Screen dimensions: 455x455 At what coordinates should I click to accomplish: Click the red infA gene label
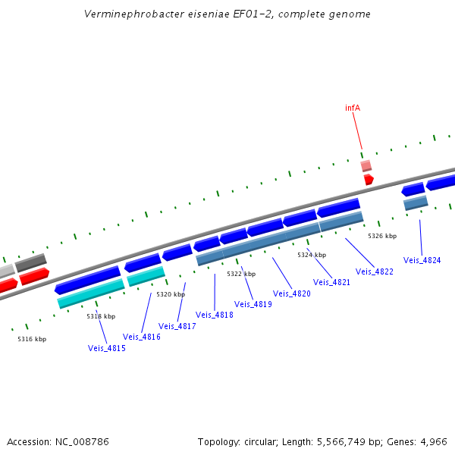tap(353, 108)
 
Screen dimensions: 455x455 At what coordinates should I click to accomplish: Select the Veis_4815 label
tap(107, 348)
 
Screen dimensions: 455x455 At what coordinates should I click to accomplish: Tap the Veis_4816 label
tap(142, 337)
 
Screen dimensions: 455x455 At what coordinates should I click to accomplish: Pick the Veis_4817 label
tap(177, 326)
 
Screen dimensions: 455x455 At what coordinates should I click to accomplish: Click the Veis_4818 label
tap(215, 315)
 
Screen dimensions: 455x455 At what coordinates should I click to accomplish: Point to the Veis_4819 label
tap(253, 304)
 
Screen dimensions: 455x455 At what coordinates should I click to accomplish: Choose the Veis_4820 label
tap(292, 293)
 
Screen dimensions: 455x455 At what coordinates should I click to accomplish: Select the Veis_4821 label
tap(331, 282)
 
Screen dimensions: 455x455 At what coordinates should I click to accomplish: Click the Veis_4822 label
tap(375, 271)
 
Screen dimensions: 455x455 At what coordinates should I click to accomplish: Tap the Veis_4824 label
tap(422, 260)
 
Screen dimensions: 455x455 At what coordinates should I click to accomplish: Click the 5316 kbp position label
tap(32, 339)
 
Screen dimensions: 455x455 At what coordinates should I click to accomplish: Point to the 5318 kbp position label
tap(101, 316)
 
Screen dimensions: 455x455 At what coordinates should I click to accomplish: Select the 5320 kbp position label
tap(171, 294)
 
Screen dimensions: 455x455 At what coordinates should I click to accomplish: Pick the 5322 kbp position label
tap(241, 274)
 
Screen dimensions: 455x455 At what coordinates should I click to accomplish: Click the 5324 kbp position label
tap(312, 255)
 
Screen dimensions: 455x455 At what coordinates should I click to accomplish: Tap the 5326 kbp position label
tap(382, 236)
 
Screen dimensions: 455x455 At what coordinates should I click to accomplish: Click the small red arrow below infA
tap(369, 179)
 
